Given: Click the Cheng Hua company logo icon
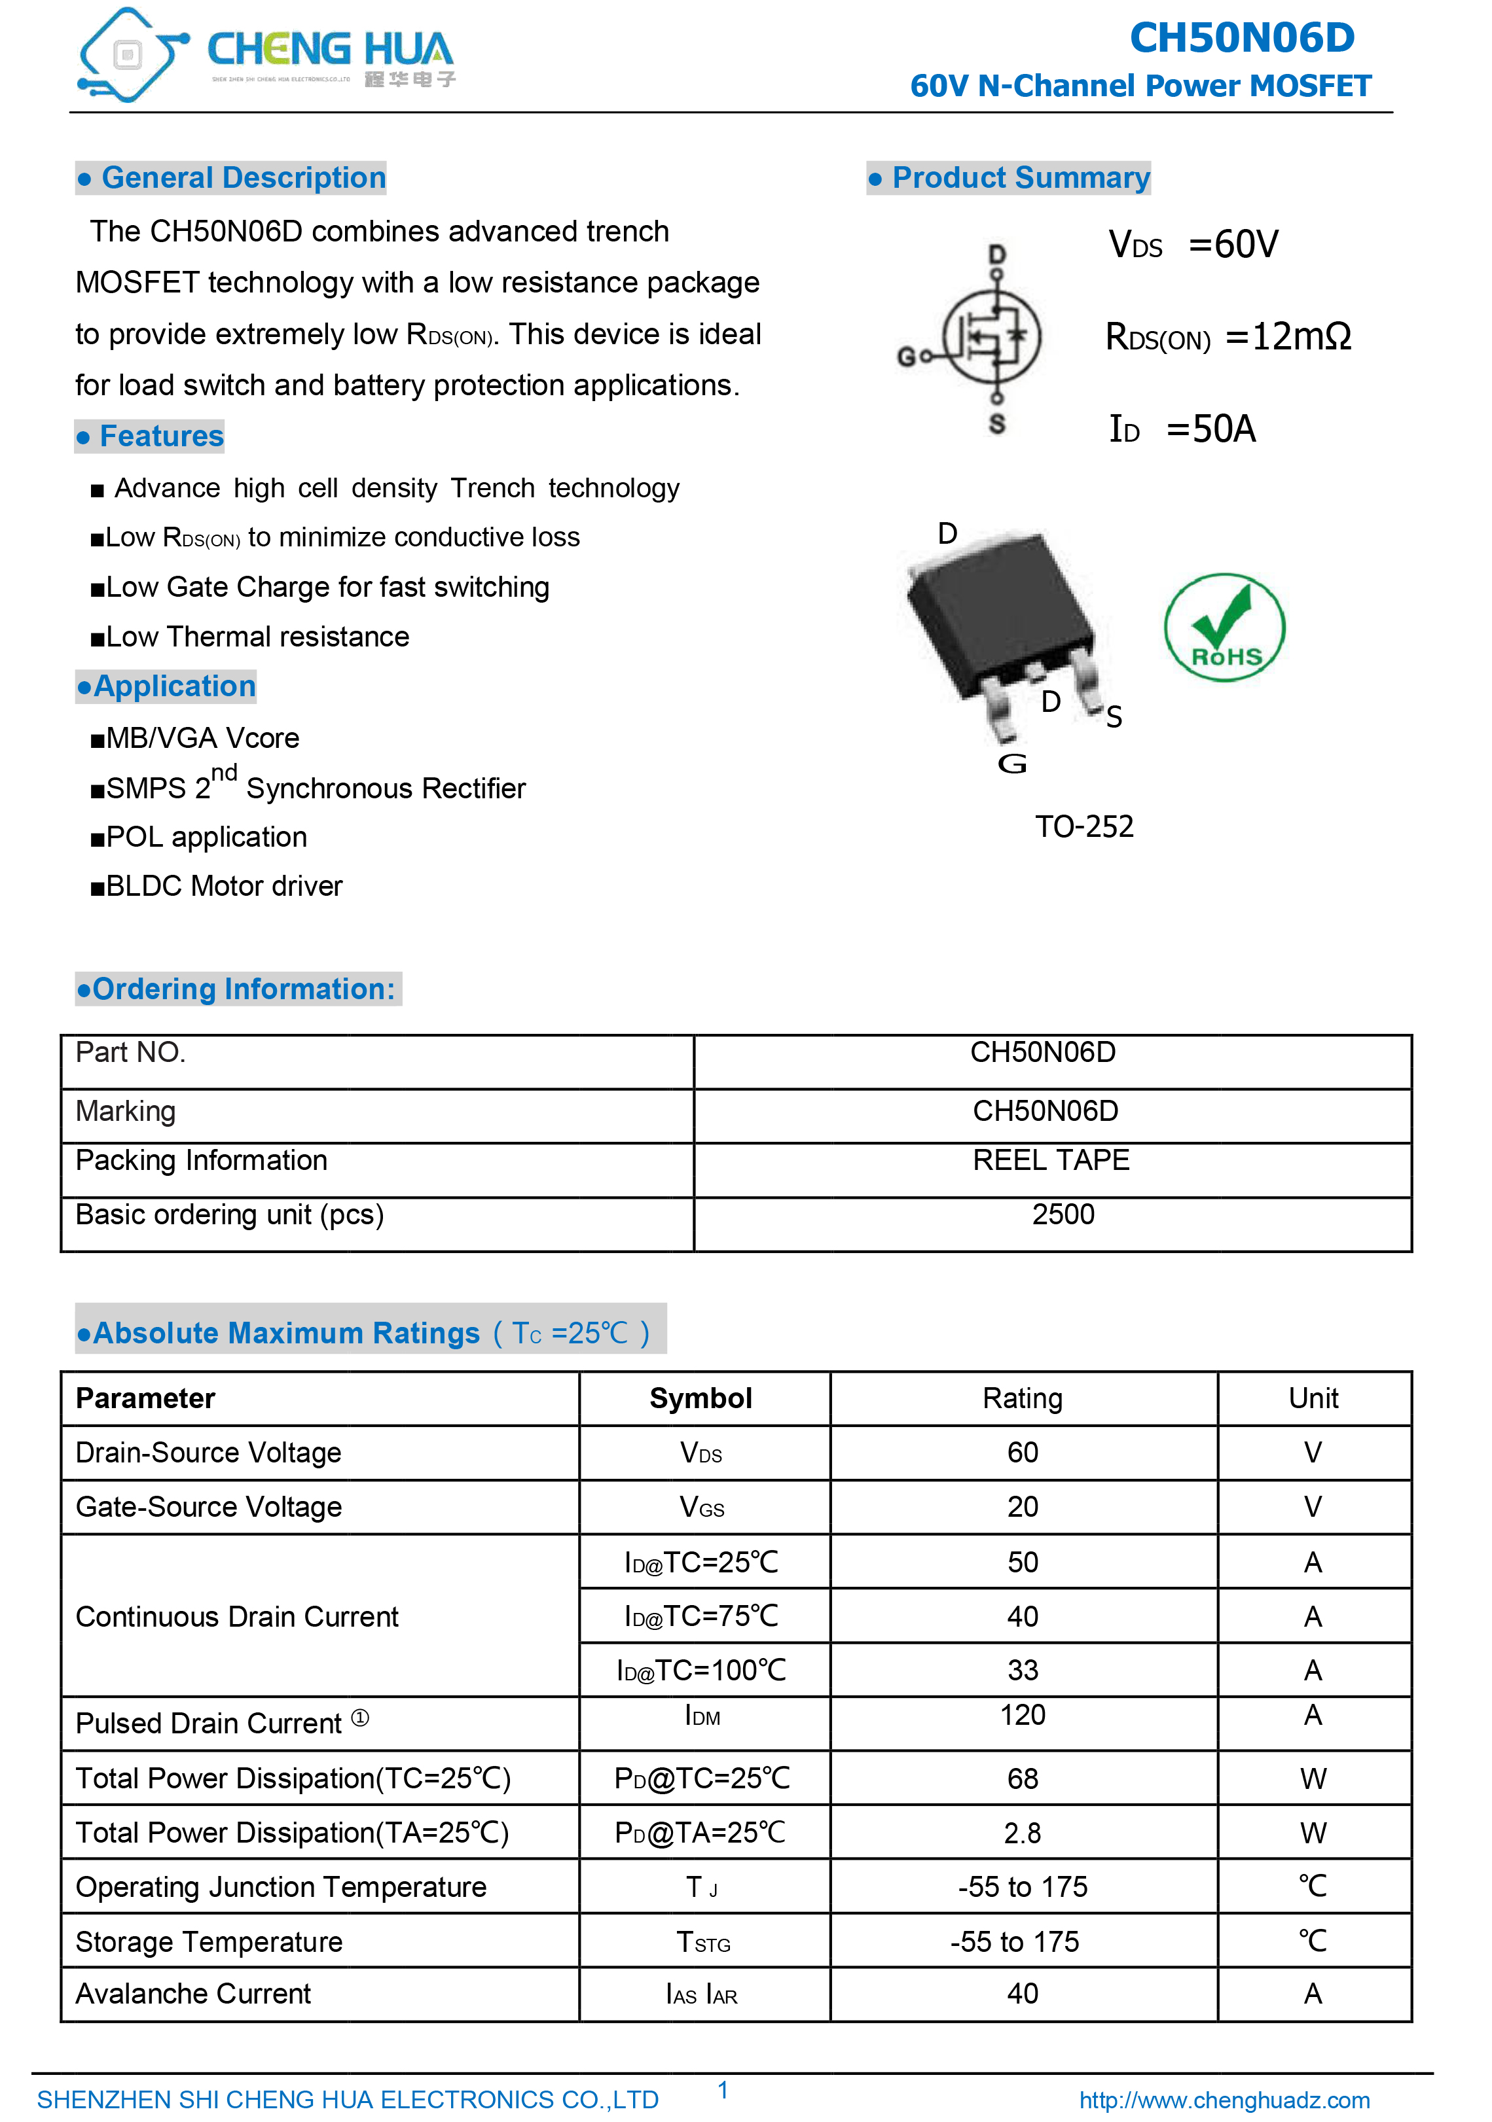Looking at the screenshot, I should pyautogui.click(x=130, y=56).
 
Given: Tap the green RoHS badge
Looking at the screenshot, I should pyautogui.click(x=1224, y=628).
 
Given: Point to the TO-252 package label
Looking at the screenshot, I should pyautogui.click(x=1083, y=826).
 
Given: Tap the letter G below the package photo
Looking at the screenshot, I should pyautogui.click(x=1012, y=764).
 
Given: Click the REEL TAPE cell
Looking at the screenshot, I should pyautogui.click(x=1051, y=1161).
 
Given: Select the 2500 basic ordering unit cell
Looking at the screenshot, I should pyautogui.click(x=1063, y=1214).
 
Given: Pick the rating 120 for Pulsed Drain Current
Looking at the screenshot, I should pyautogui.click(x=1023, y=1716).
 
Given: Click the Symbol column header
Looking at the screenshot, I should pyautogui.click(x=701, y=1398).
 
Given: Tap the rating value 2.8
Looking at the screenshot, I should pyautogui.click(x=1023, y=1833).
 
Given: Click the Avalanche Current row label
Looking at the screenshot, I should pyautogui.click(x=193, y=1994).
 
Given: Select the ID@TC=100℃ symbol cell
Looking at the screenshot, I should pyautogui.click(x=701, y=1670).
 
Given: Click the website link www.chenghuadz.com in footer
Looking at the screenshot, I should pyautogui.click(x=1224, y=2100).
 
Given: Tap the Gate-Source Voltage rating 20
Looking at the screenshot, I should pyautogui.click(x=1023, y=1508).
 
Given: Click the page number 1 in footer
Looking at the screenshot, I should pyautogui.click(x=723, y=2090).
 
